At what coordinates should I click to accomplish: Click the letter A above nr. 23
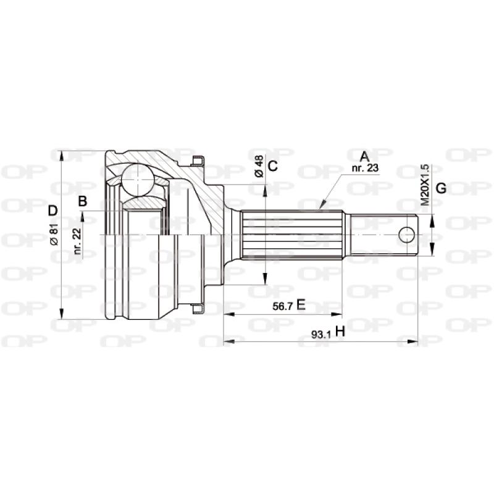pyautogui.click(x=364, y=156)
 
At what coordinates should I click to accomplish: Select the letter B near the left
pyautogui.click(x=82, y=200)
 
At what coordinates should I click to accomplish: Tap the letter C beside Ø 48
pyautogui.click(x=273, y=165)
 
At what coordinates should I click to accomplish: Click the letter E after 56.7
pyautogui.click(x=301, y=304)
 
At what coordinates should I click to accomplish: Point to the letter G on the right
pyautogui.click(x=441, y=188)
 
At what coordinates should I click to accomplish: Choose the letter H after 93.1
pyautogui.click(x=340, y=333)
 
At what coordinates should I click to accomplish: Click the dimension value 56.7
pyautogui.click(x=283, y=305)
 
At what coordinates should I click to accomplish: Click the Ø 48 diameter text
pyautogui.click(x=259, y=166)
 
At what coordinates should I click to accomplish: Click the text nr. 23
pyautogui.click(x=364, y=168)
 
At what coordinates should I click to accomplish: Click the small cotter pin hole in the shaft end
pyautogui.click(x=406, y=235)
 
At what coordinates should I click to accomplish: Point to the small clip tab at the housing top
pyautogui.click(x=198, y=162)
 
